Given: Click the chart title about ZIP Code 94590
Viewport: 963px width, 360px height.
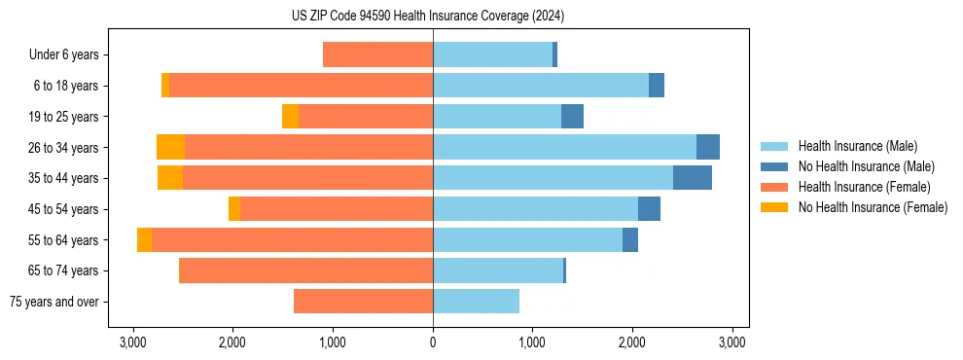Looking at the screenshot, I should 428,17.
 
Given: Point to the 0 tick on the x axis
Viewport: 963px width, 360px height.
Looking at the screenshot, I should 433,342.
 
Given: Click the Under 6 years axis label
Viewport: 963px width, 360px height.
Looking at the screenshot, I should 63,55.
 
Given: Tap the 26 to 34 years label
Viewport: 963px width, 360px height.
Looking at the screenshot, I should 65,148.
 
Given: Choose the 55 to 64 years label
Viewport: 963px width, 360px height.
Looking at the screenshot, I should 65,240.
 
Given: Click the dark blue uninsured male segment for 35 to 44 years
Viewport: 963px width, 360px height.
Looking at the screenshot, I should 692,178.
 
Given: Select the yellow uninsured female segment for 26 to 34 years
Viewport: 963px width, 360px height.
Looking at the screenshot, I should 170,147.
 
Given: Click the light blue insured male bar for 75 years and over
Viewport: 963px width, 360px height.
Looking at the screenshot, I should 476,302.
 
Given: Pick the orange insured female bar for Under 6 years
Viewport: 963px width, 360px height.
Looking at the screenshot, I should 377,55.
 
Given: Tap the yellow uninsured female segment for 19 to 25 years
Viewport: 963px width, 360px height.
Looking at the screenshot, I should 290,117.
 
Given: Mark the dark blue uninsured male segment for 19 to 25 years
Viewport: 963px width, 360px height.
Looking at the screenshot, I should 572,117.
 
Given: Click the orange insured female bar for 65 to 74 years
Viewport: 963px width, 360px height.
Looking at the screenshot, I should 305,270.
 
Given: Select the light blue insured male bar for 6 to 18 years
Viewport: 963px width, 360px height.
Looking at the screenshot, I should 540,86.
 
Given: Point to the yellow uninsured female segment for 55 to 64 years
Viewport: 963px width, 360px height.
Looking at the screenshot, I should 144,240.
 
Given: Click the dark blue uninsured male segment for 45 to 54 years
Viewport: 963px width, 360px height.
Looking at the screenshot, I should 649,209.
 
